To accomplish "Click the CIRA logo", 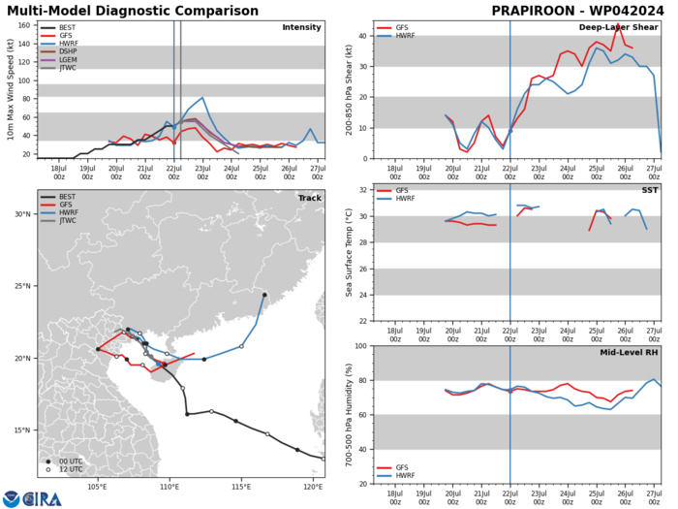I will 39,498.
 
